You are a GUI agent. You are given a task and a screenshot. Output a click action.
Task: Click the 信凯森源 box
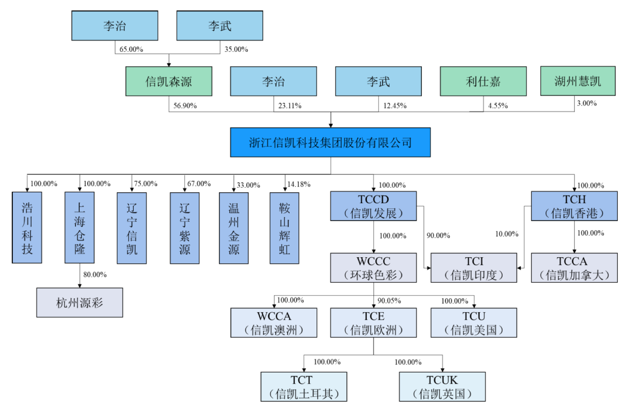(169, 81)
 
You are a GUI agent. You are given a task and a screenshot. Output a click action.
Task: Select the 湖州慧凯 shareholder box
(578, 81)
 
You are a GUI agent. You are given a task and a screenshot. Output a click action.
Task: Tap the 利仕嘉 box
(483, 81)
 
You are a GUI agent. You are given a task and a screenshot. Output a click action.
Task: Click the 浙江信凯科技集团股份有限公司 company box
(330, 142)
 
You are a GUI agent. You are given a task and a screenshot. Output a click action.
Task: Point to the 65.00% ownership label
(131, 49)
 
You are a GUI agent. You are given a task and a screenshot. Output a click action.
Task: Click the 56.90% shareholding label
(185, 106)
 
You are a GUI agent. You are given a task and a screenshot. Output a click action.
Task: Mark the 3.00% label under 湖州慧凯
(587, 103)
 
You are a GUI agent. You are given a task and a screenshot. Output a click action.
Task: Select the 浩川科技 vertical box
(27, 228)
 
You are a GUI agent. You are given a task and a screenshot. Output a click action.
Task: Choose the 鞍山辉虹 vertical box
(284, 228)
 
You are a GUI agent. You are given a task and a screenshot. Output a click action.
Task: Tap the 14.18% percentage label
(299, 184)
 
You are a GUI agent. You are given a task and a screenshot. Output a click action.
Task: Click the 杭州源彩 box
(79, 303)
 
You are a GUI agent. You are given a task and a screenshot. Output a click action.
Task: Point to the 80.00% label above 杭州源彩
(95, 275)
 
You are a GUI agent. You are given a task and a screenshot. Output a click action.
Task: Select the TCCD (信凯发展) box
(373, 206)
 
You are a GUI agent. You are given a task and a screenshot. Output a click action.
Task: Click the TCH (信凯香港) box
(574, 206)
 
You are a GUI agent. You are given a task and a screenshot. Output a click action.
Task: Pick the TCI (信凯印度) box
(474, 268)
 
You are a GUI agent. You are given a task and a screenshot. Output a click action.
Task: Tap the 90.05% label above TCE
(389, 301)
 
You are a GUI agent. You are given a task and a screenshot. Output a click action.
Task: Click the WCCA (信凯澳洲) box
(274, 323)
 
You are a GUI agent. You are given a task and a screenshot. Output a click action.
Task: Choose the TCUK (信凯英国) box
(442, 386)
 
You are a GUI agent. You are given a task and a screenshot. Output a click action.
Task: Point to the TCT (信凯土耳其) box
(304, 386)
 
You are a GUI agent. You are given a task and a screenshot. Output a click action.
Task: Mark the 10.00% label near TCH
(506, 234)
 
